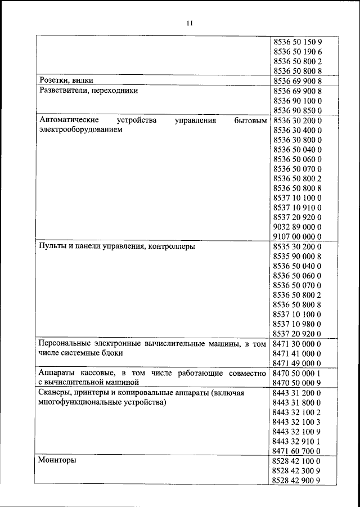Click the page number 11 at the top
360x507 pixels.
tap(190, 23)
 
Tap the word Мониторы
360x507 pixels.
tap(57, 460)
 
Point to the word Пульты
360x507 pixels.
tap(52, 246)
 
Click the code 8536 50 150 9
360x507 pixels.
tap(296, 42)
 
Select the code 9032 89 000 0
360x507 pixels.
tap(296, 227)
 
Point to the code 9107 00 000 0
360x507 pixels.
tap(296, 236)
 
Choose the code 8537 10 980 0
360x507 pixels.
tap(296, 324)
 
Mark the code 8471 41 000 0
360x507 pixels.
tap(296, 353)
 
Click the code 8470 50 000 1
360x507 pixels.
tap(296, 373)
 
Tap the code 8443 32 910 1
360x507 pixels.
tap(296, 441)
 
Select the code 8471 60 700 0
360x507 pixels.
tap(296, 451)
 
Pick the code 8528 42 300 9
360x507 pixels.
tap(296, 470)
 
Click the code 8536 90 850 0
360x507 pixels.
tap(296, 110)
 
